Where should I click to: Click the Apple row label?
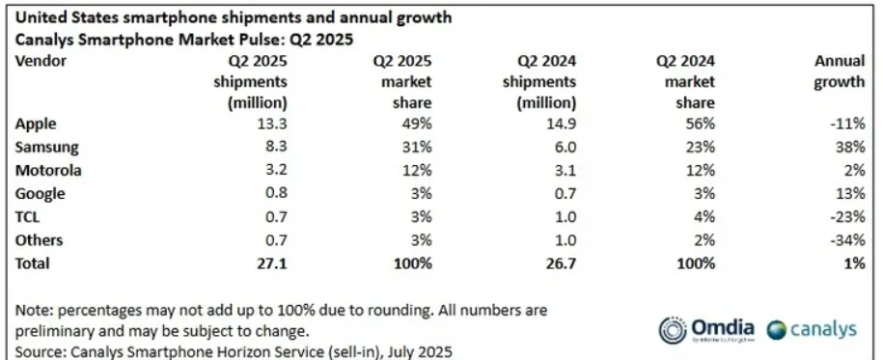pos(36,124)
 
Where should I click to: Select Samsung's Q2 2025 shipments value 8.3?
pos(275,147)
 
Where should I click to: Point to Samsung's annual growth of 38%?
pos(850,147)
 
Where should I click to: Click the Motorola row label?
pos(48,170)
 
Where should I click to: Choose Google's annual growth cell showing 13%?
pos(850,193)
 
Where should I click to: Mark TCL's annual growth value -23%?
pos(847,217)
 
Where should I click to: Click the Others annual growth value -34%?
pos(847,240)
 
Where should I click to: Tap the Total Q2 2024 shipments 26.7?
pos(561,263)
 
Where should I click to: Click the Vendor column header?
pos(41,61)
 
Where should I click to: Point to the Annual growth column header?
pos(839,71)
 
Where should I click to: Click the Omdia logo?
pos(706,329)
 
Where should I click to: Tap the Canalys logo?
pos(812,329)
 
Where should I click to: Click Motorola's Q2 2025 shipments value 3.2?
pos(275,170)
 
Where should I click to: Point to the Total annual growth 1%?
pos(854,263)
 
